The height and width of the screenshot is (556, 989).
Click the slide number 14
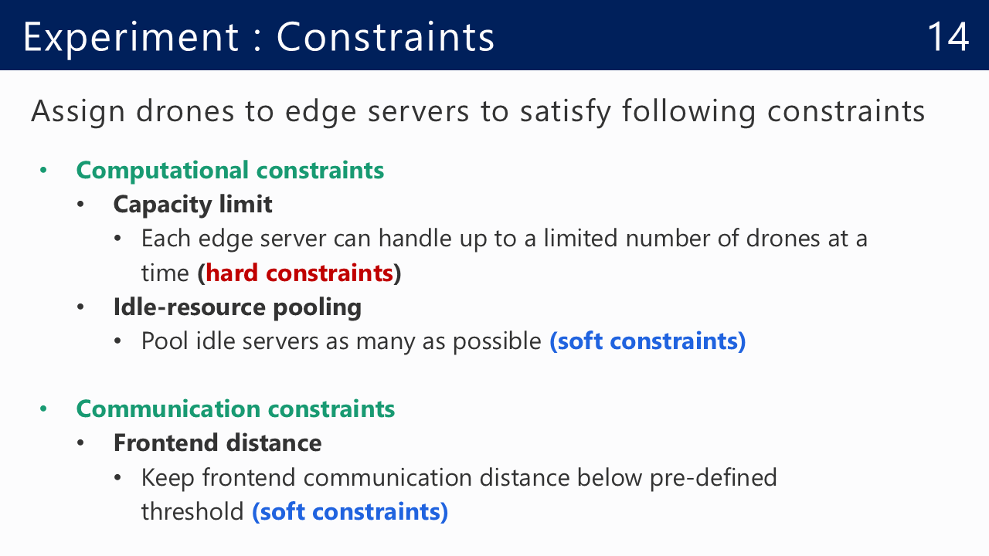pyautogui.click(x=948, y=36)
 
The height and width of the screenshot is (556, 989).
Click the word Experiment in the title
pyautogui.click(x=131, y=39)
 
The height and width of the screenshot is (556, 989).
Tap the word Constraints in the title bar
pyautogui.click(x=386, y=36)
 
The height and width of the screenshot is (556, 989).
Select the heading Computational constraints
pyautogui.click(x=230, y=171)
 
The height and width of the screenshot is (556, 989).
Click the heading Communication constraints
pyautogui.click(x=236, y=409)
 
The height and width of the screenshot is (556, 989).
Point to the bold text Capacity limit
pyautogui.click(x=192, y=205)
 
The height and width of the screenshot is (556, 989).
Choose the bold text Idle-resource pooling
pyautogui.click(x=237, y=307)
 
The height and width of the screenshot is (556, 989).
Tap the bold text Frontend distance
pyautogui.click(x=217, y=443)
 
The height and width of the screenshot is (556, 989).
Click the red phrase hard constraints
pyautogui.click(x=299, y=273)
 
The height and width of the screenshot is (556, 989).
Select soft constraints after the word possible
pyautogui.click(x=647, y=341)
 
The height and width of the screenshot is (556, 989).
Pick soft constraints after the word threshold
pyautogui.click(x=350, y=512)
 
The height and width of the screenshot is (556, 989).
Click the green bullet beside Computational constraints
pyautogui.click(x=43, y=171)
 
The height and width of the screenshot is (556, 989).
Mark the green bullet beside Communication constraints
pyautogui.click(x=43, y=409)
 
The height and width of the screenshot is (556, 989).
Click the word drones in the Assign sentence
pyautogui.click(x=185, y=111)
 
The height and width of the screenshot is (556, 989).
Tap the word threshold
pyautogui.click(x=192, y=512)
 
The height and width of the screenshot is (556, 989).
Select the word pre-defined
pyautogui.click(x=713, y=478)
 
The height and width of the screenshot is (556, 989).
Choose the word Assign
pyautogui.click(x=78, y=112)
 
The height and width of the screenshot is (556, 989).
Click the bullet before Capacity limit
pyautogui.click(x=80, y=205)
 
